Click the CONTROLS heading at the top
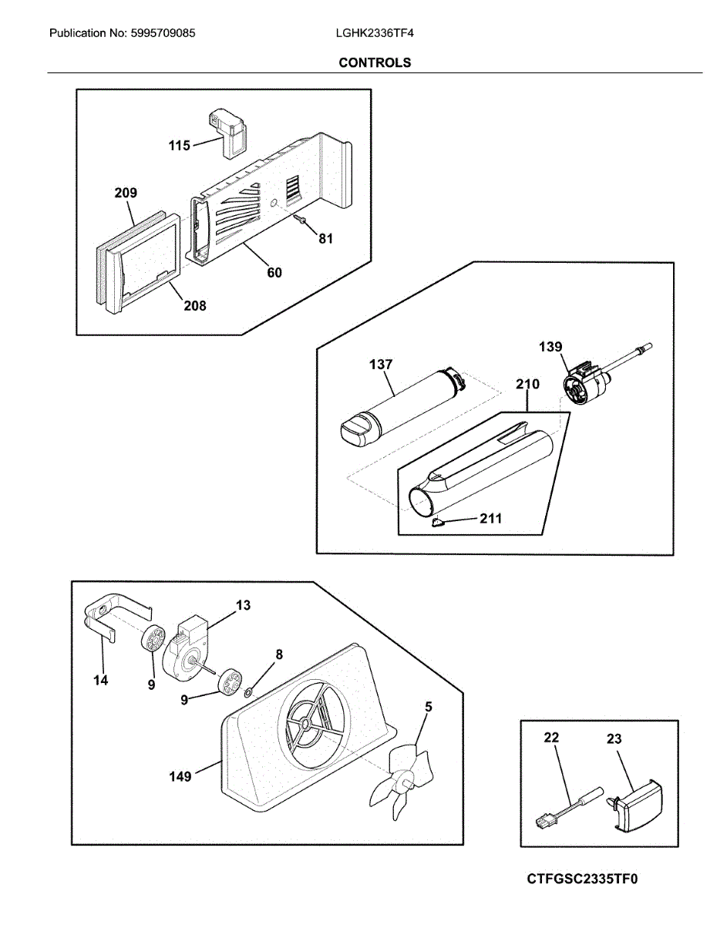click(375, 63)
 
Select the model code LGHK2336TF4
click(369, 34)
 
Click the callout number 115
click(180, 145)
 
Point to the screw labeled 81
click(301, 221)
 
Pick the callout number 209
click(126, 193)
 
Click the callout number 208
click(195, 306)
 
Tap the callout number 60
click(274, 272)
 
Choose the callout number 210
click(528, 383)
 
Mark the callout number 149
click(180, 777)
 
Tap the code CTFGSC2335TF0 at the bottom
click(584, 880)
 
